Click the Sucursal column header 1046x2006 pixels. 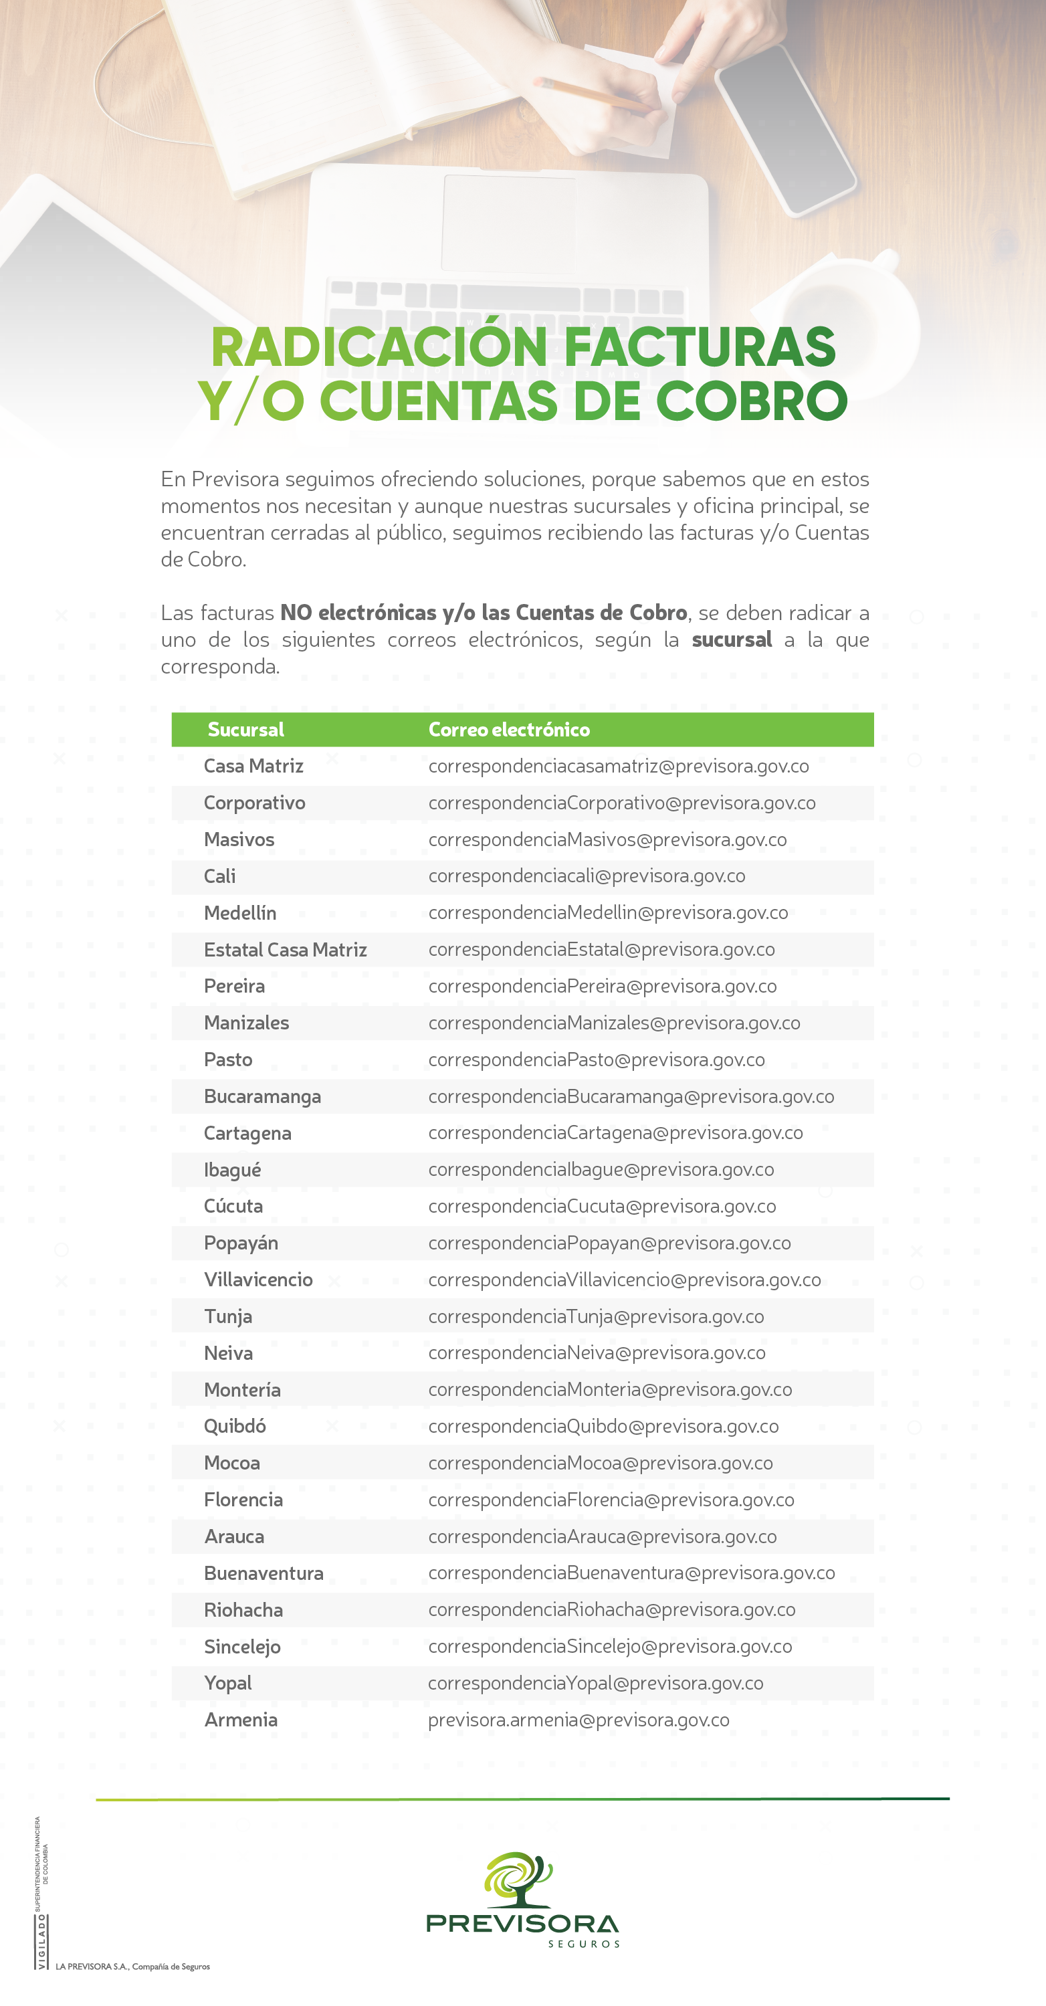[x=245, y=730]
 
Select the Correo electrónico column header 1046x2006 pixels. [x=508, y=730]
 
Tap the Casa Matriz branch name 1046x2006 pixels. [x=253, y=767]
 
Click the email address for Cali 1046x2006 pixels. [x=587, y=876]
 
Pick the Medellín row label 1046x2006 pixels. [x=240, y=912]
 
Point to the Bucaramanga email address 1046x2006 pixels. [x=631, y=1096]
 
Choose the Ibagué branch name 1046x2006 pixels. [x=232, y=1170]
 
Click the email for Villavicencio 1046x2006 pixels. [x=625, y=1280]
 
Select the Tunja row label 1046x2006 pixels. [x=227, y=1316]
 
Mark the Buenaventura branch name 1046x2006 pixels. [x=264, y=1573]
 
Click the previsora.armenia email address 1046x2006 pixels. [x=579, y=1720]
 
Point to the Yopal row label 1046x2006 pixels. [x=227, y=1683]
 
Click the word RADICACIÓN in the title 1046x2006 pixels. [x=379, y=347]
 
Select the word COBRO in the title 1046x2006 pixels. [x=752, y=402]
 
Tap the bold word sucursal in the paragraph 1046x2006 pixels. [x=732, y=639]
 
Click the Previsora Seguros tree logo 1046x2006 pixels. [x=520, y=1878]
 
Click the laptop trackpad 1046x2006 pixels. [x=510, y=223]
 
